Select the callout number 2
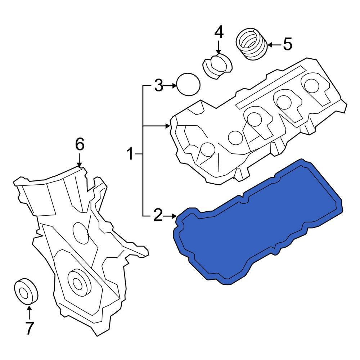[x=158, y=215]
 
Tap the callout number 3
[x=158, y=85]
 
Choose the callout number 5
[x=287, y=44]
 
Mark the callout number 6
[x=80, y=144]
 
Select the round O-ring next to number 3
[x=188, y=84]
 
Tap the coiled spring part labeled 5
[x=252, y=44]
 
